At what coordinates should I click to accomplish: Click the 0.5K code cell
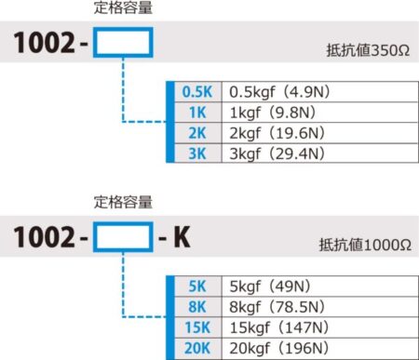pyautogui.click(x=196, y=93)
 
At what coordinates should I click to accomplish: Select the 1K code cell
pyautogui.click(x=196, y=113)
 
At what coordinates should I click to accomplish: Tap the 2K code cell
pyautogui.click(x=196, y=133)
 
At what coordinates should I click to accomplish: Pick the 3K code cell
pyautogui.click(x=196, y=153)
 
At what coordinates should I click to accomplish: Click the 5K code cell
pyautogui.click(x=196, y=287)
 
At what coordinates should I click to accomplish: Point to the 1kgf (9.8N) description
pyautogui.click(x=264, y=113)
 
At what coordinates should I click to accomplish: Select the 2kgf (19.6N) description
pyautogui.click(x=269, y=133)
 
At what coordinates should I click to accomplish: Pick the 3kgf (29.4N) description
pyautogui.click(x=269, y=153)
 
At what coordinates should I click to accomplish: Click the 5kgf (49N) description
pyautogui.click(x=264, y=287)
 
